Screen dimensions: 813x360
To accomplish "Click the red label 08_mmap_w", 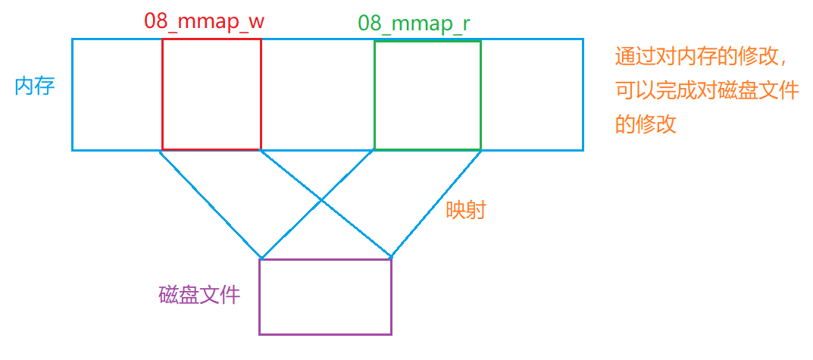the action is coord(204,21).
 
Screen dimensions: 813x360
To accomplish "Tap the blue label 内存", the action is coord(35,86).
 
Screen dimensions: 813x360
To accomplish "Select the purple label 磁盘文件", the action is coord(199,295).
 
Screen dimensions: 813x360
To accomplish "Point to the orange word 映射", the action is coord(465,210).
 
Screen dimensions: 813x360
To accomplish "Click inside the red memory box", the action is coord(211,95).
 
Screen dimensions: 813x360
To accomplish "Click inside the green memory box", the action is coord(427,95).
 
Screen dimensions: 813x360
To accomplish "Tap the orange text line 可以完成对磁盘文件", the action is coord(707,91).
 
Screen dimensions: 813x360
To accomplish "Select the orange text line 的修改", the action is coord(645,124).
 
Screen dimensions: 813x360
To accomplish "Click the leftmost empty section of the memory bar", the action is coord(117,95).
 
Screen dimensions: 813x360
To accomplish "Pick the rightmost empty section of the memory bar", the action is coord(532,95).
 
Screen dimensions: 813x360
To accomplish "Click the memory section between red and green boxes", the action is coord(317,95).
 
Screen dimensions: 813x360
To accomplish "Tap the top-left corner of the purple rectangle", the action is coord(260,259).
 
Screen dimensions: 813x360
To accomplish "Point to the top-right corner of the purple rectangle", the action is coord(391,259).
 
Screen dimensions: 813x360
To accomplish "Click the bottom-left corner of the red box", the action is coord(162,150).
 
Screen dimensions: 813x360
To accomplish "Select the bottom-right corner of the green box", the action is coord(480,149).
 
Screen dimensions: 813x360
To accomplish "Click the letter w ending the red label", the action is coord(255,22).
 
